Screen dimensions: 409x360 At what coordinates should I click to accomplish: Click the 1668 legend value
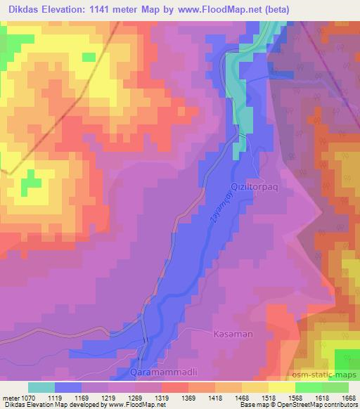point(348,396)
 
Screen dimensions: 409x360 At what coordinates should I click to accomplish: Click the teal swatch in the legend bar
point(41,387)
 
